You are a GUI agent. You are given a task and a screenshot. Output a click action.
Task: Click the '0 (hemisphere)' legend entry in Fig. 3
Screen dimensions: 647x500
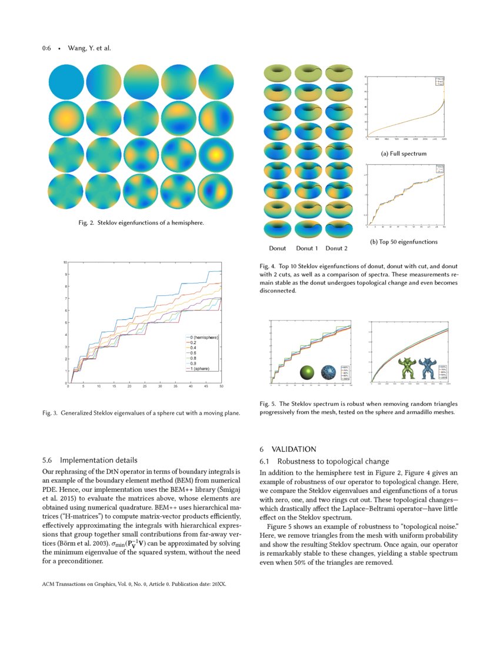coord(203,337)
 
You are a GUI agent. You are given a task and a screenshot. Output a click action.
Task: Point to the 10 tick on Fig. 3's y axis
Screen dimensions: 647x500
coord(65,262)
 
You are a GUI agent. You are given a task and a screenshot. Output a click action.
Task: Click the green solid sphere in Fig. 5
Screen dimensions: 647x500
coord(308,372)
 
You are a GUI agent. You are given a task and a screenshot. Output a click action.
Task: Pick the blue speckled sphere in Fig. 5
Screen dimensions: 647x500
coord(328,372)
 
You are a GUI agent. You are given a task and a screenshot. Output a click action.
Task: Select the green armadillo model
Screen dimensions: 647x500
coord(406,368)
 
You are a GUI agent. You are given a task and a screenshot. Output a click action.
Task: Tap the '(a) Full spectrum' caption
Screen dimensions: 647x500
coord(404,154)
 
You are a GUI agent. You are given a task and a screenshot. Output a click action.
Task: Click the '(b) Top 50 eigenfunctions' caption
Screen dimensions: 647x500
coord(404,242)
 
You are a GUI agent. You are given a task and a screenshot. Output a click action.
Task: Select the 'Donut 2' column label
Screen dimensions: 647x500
coord(336,248)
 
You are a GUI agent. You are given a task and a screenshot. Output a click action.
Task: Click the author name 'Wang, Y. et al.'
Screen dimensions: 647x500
coord(89,48)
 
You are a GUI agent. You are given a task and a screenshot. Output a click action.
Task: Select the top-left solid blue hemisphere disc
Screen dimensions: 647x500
coord(66,82)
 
